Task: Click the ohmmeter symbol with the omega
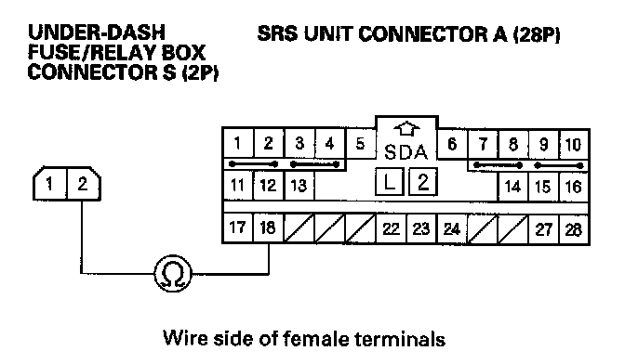173,273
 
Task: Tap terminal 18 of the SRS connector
268,227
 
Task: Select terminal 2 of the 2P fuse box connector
83,184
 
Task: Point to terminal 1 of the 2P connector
50,184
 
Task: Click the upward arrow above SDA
406,129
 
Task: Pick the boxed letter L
390,182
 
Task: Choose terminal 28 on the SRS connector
574,229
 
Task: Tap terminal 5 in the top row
360,144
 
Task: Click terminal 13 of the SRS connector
299,186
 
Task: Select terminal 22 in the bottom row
391,228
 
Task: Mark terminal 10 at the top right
574,145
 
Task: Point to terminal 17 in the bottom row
237,227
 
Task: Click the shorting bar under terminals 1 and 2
253,164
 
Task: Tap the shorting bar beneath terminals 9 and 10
559,165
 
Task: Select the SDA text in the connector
406,152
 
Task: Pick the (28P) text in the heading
537,34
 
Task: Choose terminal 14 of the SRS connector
512,186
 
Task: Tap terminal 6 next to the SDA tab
452,144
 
